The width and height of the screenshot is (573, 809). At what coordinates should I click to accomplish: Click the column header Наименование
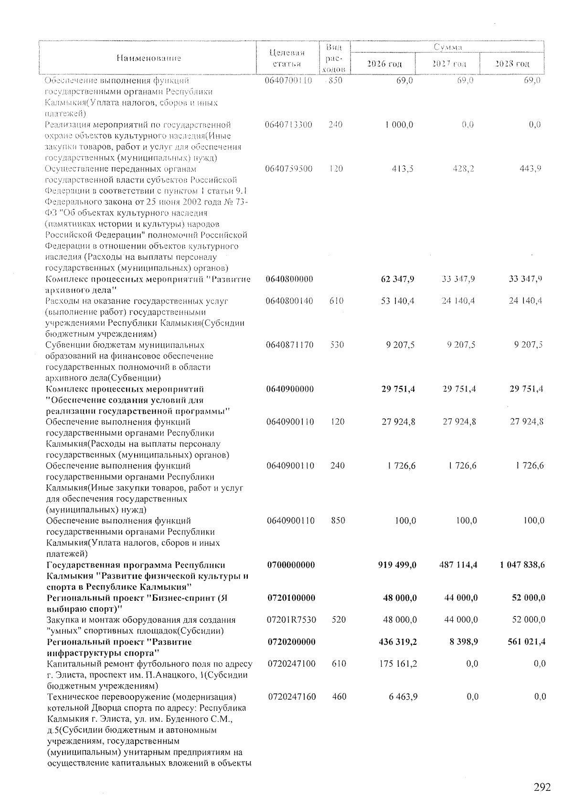149,59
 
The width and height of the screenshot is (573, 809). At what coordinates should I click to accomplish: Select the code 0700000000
291,565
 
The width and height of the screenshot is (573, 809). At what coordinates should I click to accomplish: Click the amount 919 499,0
397,565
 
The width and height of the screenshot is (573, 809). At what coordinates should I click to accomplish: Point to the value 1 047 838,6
522,565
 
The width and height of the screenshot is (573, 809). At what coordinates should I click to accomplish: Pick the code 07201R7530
291,620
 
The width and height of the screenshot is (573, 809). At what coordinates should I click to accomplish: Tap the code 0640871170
290,345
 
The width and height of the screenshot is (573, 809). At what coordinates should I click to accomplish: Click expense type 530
337,345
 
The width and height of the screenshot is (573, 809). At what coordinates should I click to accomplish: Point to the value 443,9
531,169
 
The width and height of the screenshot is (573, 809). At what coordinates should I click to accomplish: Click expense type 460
339,697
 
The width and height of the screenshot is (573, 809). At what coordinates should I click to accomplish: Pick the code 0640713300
289,125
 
